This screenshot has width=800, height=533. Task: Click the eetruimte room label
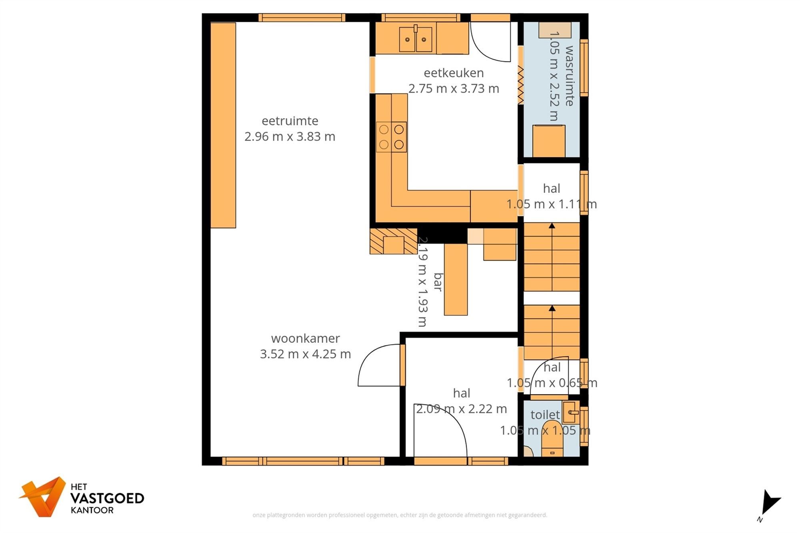click(290, 121)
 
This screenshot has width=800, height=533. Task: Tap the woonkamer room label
click(305, 338)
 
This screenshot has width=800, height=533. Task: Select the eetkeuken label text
click(454, 73)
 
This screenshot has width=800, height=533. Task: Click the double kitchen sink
click(416, 39)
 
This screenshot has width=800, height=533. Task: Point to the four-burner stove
click(391, 137)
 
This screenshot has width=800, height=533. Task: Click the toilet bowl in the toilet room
click(552, 439)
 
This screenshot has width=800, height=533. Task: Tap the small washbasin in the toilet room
click(571, 412)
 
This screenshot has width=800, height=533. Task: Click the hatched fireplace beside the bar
click(393, 241)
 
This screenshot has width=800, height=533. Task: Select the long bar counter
click(456, 279)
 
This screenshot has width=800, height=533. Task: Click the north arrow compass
click(769, 505)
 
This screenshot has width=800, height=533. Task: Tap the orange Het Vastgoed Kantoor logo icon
click(43, 496)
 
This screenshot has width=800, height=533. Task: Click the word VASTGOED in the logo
click(107, 498)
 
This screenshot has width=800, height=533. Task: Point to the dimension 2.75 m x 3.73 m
click(454, 88)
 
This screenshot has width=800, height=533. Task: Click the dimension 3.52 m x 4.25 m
click(305, 354)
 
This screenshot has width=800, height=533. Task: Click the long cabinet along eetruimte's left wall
click(223, 125)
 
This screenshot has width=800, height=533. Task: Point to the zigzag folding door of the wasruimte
click(520, 85)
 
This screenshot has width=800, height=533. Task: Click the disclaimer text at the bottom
click(400, 515)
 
